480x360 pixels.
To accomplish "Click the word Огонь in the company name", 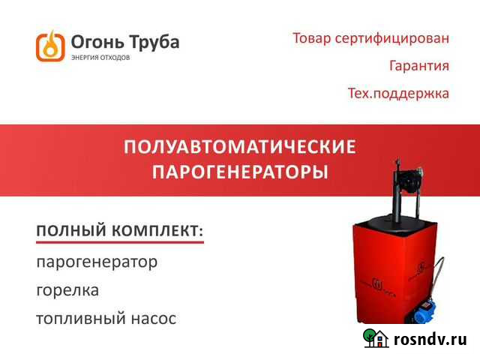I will pos(91,41).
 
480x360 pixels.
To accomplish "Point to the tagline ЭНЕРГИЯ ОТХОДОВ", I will pos(100,58).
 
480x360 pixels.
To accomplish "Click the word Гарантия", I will pos(419,66).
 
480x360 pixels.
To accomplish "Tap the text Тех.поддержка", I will pos(398,94).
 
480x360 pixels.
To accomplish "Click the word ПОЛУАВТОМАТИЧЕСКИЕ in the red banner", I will pos(239,146).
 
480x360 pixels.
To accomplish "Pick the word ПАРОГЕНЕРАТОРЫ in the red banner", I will pos(239,172).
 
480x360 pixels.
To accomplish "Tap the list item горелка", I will pos(67,289).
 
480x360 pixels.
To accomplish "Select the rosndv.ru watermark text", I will pos(430,340).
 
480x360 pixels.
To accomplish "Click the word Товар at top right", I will pos(311,38).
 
